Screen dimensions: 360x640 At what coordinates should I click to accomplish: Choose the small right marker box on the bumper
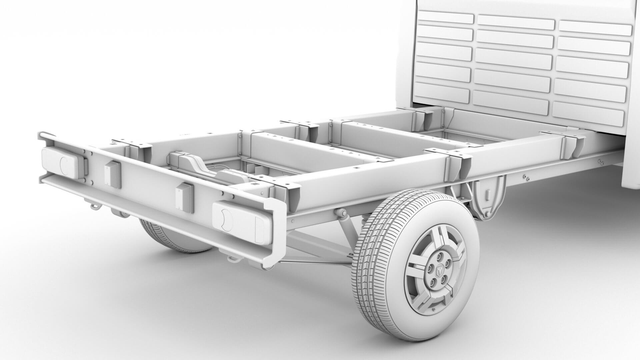(x=184, y=197)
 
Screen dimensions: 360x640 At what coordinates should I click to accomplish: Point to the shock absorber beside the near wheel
(x=347, y=227)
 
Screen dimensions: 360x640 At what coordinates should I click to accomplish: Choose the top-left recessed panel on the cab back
(x=445, y=17)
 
